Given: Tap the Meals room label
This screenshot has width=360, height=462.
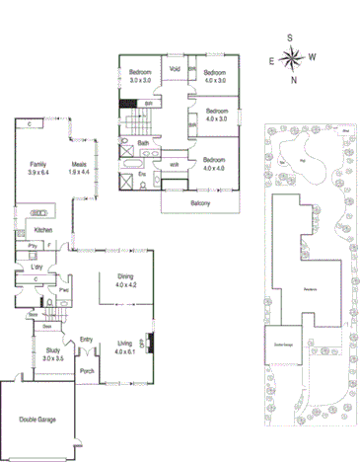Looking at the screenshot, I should pos(79,165).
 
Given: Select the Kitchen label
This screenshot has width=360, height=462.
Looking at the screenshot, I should pos(30,230).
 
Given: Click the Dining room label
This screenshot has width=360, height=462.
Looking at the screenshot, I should pos(124,277).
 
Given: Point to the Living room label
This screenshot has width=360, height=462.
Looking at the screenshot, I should pos(124,343).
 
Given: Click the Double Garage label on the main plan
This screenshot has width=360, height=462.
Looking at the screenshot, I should pos(38,420).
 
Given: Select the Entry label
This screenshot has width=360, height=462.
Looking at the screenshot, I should pos(86,337).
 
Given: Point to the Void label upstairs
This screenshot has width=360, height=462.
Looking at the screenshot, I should pos(175,68).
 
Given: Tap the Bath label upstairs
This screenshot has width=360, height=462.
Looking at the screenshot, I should pos(143,143).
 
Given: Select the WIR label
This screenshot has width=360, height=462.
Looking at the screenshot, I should pos(175,164).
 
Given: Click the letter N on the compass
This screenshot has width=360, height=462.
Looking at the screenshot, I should pos(293,81).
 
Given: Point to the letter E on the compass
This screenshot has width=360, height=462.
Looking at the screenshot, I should pos(271,61).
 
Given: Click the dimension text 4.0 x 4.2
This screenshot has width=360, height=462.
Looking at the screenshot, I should pos(124,284).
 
